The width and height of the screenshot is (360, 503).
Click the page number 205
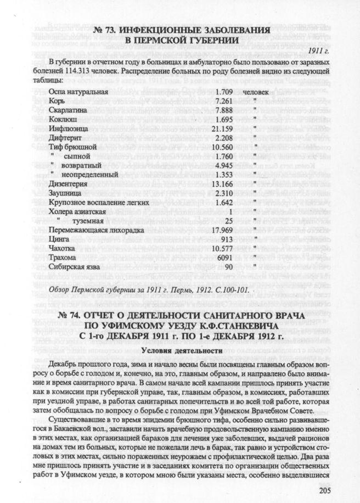point(337,490)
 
